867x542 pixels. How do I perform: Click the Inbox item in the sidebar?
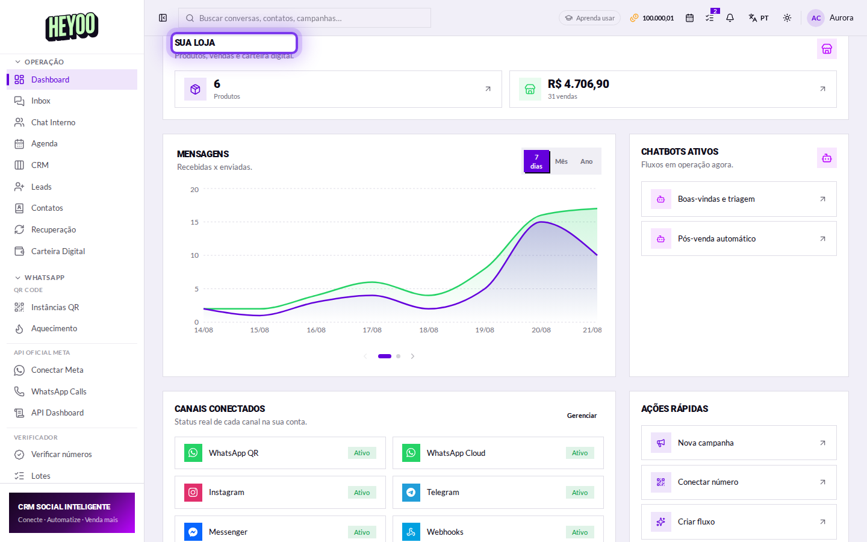point(41,101)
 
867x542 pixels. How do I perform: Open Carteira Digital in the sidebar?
point(58,251)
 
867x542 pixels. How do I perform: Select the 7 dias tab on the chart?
point(536,161)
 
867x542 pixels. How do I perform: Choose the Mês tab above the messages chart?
point(561,161)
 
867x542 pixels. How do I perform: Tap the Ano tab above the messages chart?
point(586,161)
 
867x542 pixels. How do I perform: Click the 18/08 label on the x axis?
point(429,330)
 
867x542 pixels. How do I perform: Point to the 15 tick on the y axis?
point(194,222)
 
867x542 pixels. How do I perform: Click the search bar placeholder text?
point(270,18)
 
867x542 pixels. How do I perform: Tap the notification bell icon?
point(730,18)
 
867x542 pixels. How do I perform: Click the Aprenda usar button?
point(589,18)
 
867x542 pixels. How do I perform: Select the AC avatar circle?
point(816,18)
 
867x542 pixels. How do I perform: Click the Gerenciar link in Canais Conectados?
point(582,416)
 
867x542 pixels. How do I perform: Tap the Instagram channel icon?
point(193,493)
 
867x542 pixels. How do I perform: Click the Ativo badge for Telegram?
point(579,493)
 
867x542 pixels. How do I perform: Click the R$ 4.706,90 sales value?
point(578,84)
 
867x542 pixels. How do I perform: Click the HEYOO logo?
point(72,26)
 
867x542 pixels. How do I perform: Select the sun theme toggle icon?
point(787,18)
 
